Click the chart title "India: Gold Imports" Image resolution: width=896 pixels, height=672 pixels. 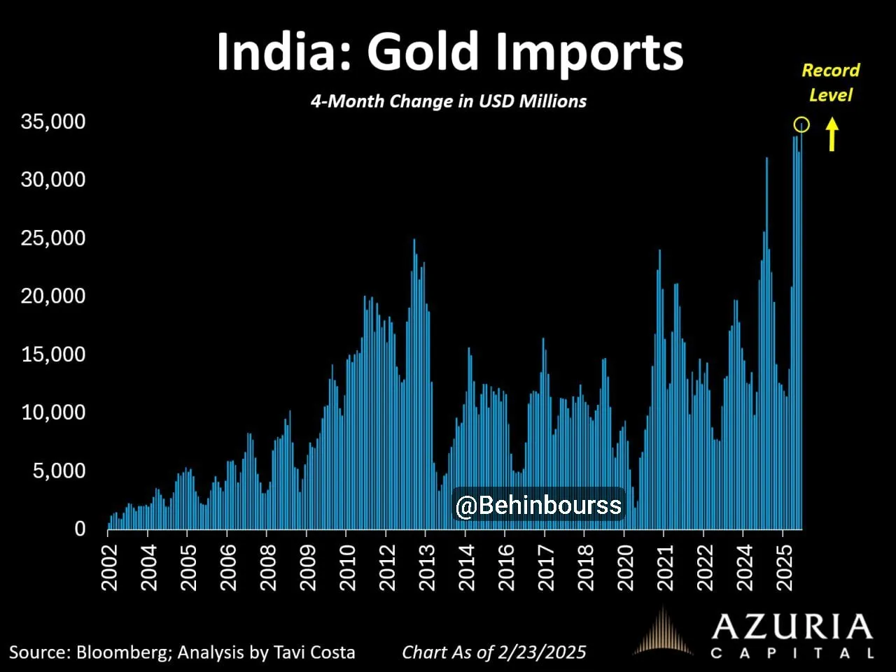449,52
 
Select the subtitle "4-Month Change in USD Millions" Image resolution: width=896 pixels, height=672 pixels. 449,101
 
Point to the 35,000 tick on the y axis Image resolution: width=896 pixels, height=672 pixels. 53,122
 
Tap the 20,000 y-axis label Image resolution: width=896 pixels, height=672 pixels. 53,296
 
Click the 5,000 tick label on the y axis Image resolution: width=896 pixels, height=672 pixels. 59,471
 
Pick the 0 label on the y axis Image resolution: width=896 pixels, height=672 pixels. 80,529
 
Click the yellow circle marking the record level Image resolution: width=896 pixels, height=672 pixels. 802,124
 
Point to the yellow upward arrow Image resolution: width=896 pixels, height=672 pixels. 832,134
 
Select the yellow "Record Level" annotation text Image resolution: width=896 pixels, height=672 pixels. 831,83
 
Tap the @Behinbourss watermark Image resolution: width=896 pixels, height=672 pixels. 538,505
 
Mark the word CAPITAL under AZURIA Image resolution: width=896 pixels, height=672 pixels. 792,654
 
